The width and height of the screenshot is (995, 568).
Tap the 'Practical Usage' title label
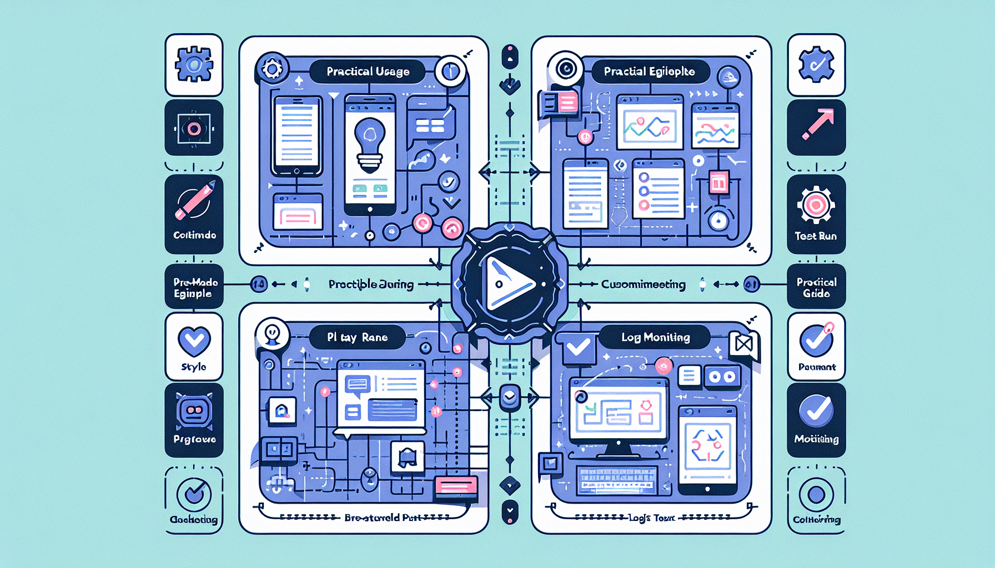[x=368, y=72]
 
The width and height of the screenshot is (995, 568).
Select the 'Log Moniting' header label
[x=655, y=337]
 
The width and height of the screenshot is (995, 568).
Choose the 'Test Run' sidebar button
[x=816, y=214]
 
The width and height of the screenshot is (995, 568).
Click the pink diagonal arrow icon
[x=817, y=124]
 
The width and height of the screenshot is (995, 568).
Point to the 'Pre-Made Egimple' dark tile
[x=194, y=287]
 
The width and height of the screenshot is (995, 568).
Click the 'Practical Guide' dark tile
[x=816, y=287]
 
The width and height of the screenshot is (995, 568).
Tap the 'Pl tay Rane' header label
[x=357, y=337]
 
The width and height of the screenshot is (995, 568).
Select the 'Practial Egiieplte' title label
[x=649, y=72]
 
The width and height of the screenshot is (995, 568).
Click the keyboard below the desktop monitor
[x=616, y=479]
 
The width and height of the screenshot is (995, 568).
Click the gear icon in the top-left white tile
[x=194, y=65]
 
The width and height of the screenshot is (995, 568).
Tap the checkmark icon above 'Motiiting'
[x=816, y=410]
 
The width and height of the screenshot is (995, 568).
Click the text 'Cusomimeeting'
[x=643, y=285]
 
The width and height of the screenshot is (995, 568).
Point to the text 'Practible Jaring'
[x=371, y=285]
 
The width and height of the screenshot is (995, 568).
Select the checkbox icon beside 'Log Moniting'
[x=578, y=348]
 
